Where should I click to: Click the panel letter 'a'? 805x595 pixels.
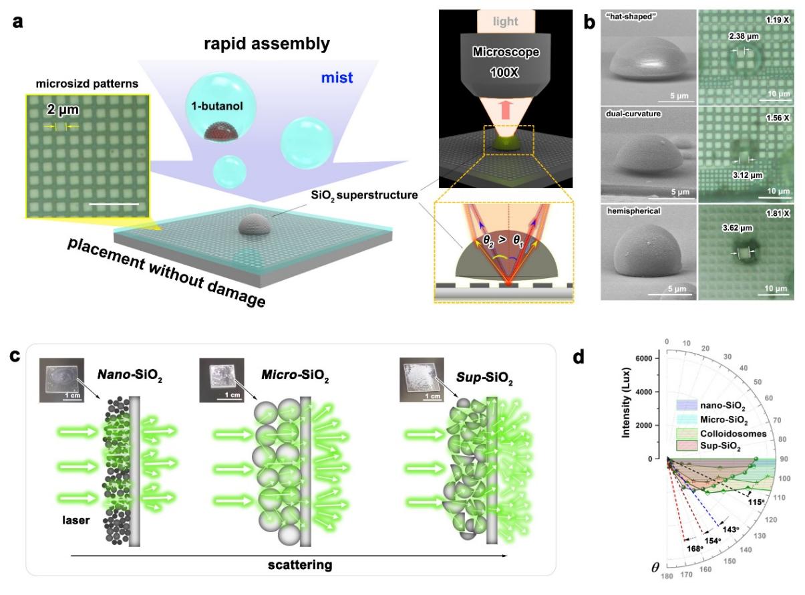click(x=15, y=20)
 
